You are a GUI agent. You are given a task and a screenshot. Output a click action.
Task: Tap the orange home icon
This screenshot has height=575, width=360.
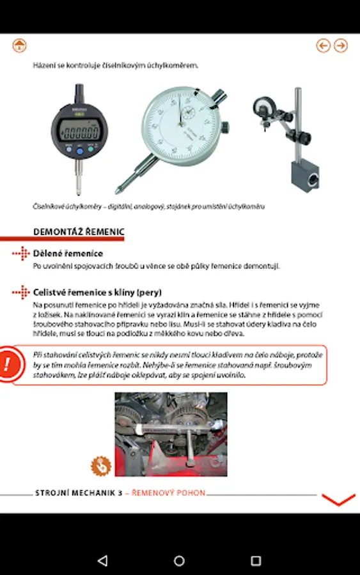[x=19, y=45]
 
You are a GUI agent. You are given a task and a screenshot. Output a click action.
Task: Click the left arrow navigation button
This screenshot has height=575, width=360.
[x=324, y=45]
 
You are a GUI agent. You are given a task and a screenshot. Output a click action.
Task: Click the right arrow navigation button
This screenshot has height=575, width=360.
[x=341, y=45]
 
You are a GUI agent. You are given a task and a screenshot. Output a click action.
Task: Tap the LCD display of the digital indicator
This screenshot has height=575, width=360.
[x=79, y=131]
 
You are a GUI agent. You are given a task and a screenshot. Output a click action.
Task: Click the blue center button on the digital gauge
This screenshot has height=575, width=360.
[x=80, y=151]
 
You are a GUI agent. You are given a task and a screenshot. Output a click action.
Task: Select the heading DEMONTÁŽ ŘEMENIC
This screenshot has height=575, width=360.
[x=79, y=232]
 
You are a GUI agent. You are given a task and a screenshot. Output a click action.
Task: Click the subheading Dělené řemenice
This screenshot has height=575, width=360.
[x=68, y=254]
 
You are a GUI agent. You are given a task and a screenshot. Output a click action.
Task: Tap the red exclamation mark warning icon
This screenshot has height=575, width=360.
[x=8, y=364]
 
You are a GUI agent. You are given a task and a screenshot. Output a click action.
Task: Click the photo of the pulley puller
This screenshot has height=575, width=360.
[x=171, y=434]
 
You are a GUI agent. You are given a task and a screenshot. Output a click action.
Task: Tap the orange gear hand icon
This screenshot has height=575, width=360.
[x=101, y=466]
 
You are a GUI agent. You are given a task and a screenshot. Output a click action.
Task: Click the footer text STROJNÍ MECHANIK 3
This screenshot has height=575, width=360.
[x=79, y=493]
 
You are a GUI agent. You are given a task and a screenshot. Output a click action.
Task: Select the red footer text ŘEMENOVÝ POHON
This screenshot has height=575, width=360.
[x=168, y=493]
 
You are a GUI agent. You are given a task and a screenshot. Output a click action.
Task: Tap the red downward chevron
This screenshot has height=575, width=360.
[x=338, y=500]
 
